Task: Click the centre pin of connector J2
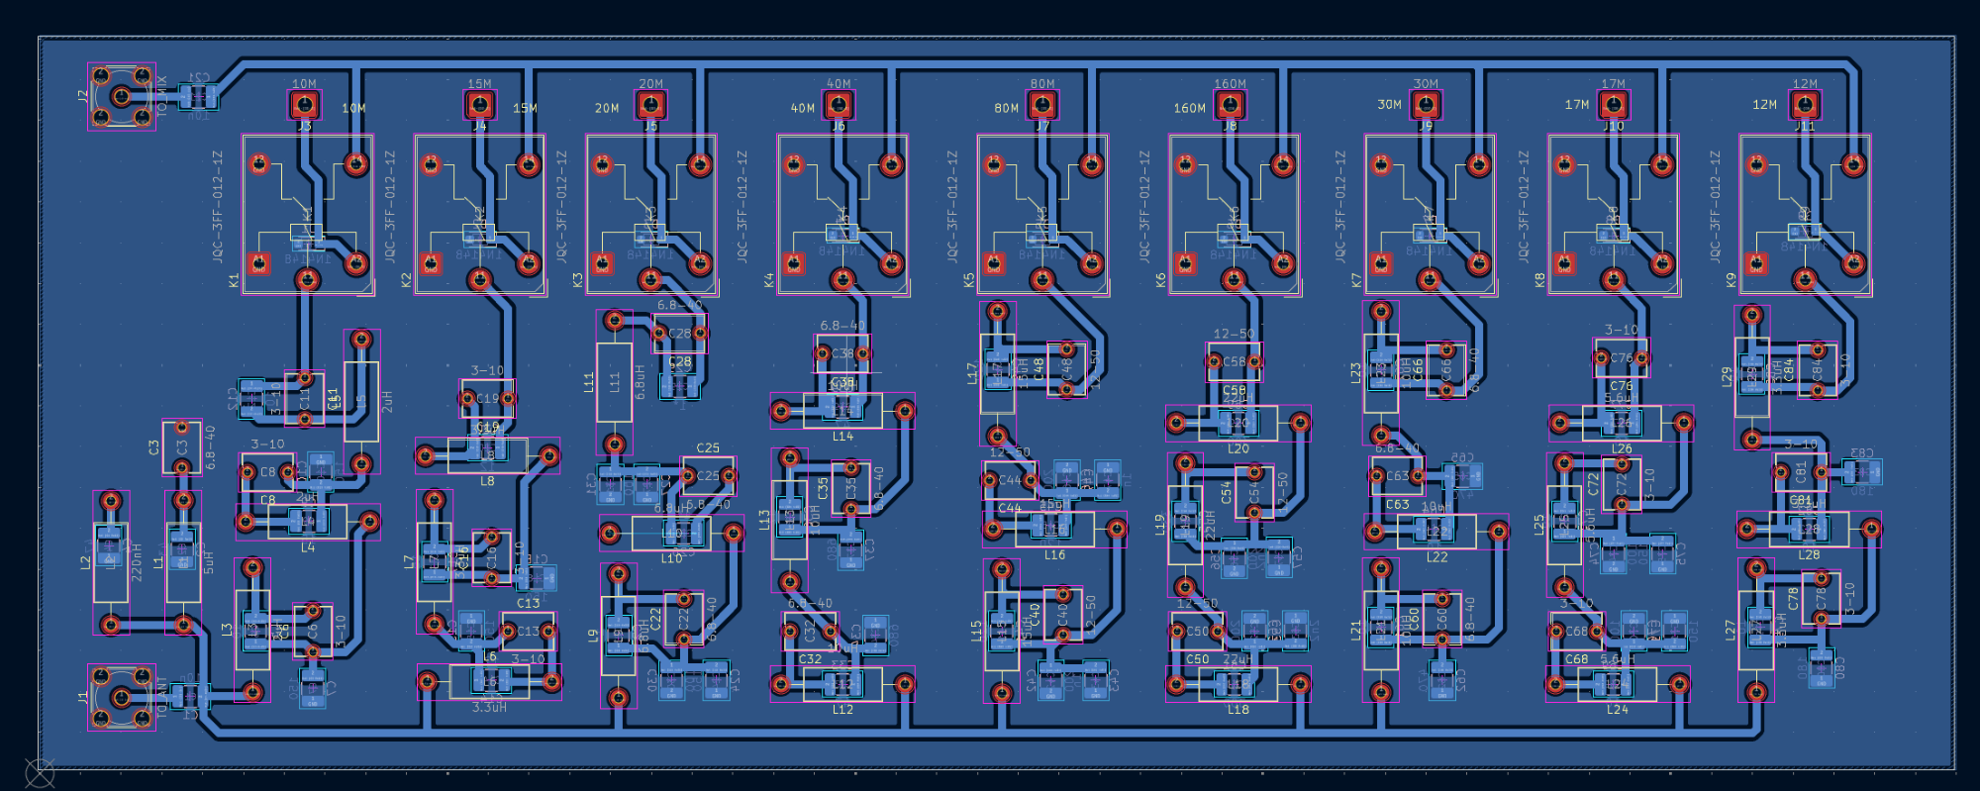click(121, 96)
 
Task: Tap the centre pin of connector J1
click(121, 698)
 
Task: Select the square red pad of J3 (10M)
click(304, 104)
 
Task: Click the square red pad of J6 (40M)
click(839, 104)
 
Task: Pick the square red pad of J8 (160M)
click(1230, 104)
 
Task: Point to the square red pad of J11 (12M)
click(1805, 104)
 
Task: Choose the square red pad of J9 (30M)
click(1426, 104)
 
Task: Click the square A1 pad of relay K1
click(259, 263)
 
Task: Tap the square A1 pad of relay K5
click(994, 263)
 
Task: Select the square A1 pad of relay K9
click(1757, 263)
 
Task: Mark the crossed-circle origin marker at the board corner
click(40, 772)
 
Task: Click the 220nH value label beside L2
click(137, 561)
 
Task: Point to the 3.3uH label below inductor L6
click(489, 708)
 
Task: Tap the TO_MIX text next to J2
click(162, 96)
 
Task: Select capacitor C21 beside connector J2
click(199, 96)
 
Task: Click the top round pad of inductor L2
click(111, 502)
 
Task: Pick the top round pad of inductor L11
click(615, 320)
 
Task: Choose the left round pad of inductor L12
click(781, 683)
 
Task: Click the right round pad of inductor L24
click(1679, 683)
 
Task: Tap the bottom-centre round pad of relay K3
click(650, 279)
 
